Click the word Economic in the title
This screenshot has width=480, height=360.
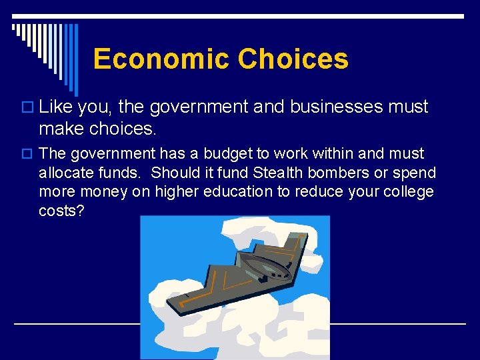(161, 59)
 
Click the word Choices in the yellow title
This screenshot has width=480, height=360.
(293, 59)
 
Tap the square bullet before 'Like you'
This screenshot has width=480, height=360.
(28, 107)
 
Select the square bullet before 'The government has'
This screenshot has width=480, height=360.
(28, 154)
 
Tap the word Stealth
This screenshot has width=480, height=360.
(277, 173)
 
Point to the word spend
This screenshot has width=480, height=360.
(413, 173)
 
